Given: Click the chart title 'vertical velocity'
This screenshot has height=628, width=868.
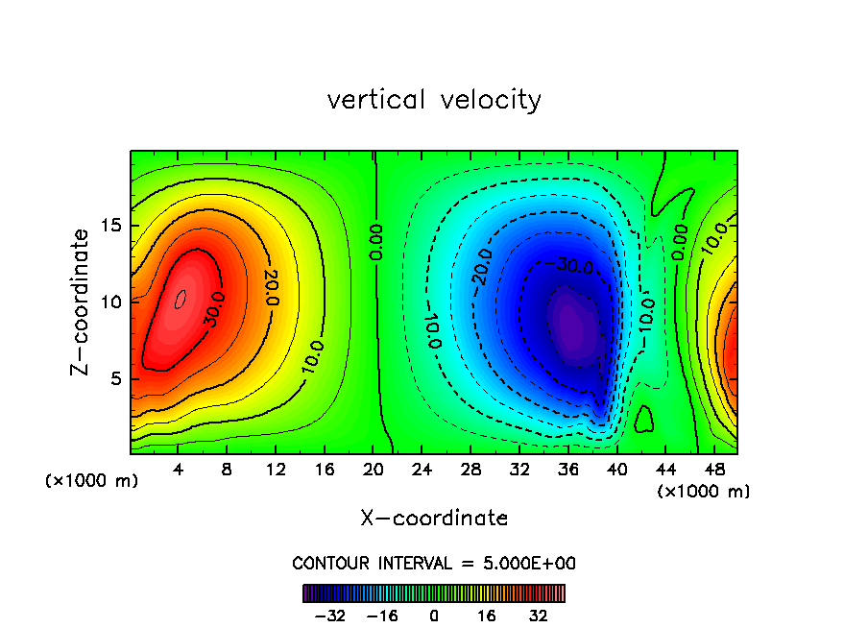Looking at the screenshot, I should [434, 100].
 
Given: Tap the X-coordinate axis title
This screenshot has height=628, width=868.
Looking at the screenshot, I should [434, 519].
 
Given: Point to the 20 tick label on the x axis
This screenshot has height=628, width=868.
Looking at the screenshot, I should [374, 470].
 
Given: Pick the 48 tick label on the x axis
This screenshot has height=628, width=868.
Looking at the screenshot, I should [713, 470].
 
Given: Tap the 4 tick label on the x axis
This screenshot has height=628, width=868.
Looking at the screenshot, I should [179, 470].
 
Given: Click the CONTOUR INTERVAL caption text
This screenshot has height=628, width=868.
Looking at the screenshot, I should [434, 563].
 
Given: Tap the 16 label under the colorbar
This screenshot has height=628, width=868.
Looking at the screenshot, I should [487, 616].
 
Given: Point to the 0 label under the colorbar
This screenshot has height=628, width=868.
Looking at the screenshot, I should [434, 616].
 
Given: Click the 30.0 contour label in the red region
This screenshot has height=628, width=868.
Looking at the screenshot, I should [212, 314].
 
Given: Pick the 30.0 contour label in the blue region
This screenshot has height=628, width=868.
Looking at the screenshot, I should [574, 266].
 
